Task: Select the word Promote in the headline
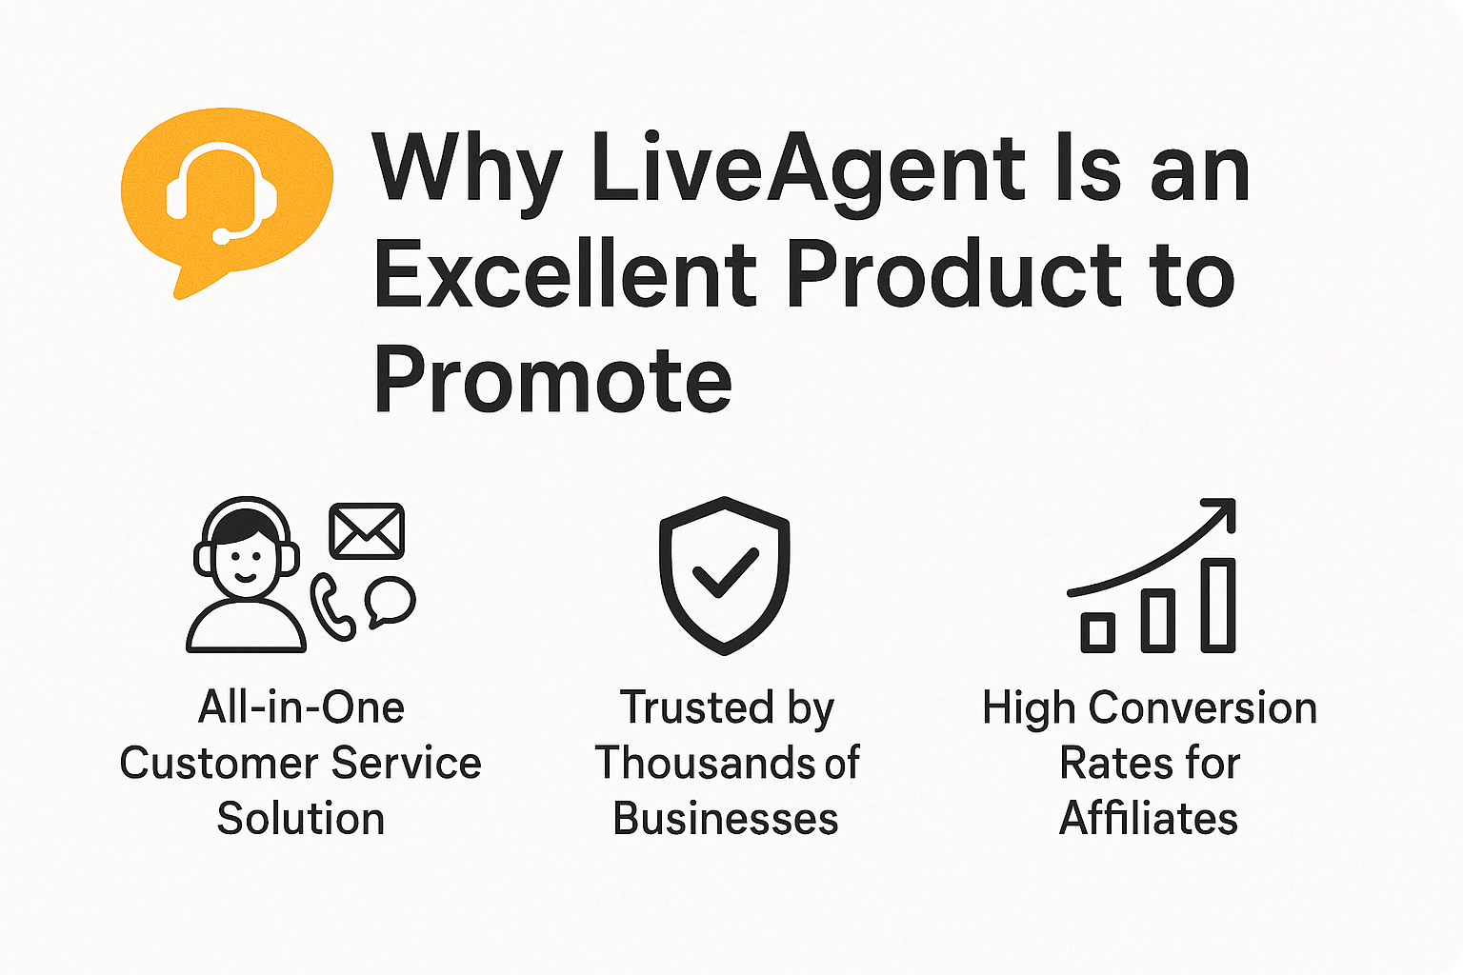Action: coord(552,381)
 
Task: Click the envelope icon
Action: coord(367,531)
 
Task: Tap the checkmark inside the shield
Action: coord(725,571)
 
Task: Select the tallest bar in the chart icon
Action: coord(1217,605)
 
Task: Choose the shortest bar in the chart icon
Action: coord(1098,632)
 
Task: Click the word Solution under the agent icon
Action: coord(300,819)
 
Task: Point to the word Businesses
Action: coord(725,819)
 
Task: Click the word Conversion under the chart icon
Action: coord(1203,708)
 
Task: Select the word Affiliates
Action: coord(1149,819)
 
